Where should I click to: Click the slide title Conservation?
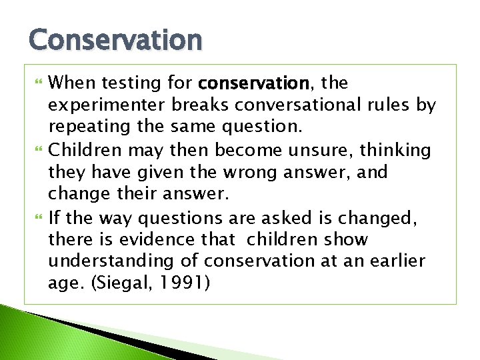tap(115, 40)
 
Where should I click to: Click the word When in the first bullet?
tap(71, 83)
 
